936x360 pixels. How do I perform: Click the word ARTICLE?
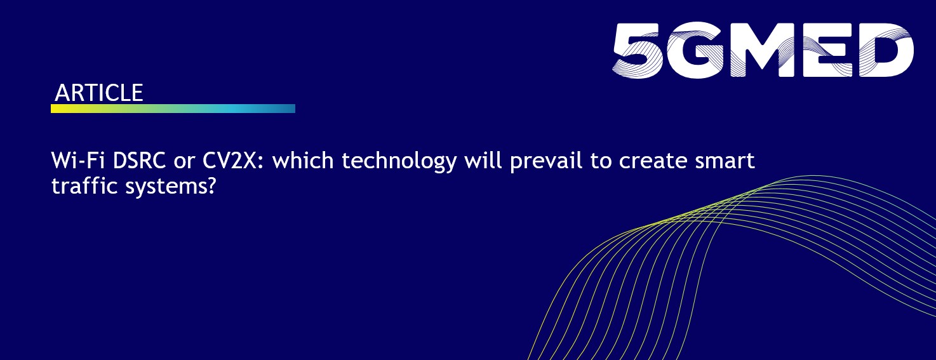point(99,93)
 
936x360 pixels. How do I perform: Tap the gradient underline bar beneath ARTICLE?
point(173,109)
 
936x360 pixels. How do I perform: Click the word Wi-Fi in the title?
point(78,161)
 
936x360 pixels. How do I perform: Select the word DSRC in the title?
point(140,161)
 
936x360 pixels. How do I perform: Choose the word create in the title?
point(653,161)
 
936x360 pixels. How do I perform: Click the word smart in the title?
point(725,161)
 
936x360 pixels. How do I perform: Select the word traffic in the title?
point(84,185)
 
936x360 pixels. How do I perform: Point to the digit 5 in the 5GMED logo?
point(638,50)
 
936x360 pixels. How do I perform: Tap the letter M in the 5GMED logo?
point(757,50)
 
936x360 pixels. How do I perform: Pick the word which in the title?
point(304,161)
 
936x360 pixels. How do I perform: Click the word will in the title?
point(483,161)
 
